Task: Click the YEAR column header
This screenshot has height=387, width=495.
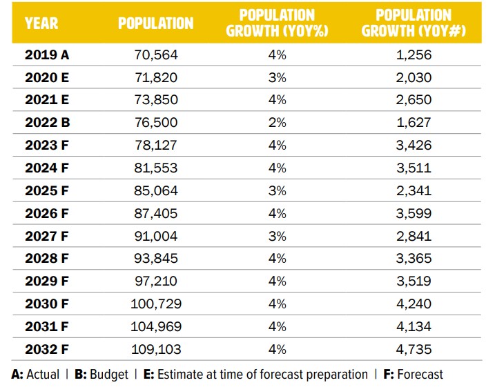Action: pos(41,23)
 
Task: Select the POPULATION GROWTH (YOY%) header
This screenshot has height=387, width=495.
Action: pos(277,23)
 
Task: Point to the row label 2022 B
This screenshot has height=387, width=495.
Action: pos(48,123)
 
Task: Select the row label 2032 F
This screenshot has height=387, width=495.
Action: pos(48,348)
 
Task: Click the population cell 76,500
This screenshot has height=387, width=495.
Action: pos(156,123)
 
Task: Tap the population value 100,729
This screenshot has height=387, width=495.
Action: pos(156,304)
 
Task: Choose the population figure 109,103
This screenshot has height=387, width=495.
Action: pos(156,348)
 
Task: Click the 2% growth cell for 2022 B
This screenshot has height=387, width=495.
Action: pos(277,123)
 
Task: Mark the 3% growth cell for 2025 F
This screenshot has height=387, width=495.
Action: pos(277,190)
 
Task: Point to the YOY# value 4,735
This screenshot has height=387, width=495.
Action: pos(414,348)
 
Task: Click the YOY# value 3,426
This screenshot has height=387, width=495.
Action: pos(414,146)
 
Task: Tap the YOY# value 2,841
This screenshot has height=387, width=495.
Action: pos(414,236)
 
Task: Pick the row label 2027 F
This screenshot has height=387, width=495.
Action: pos(48,236)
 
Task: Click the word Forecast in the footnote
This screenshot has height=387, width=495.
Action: pos(420,375)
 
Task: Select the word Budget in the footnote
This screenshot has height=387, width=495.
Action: pos(108,375)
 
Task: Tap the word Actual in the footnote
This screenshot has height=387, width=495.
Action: pos(43,375)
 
